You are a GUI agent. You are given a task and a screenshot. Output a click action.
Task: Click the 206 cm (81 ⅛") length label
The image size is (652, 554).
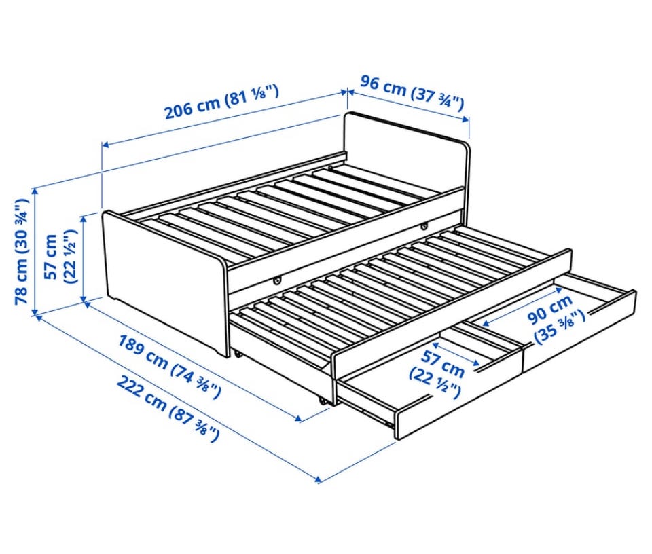coord(221,101)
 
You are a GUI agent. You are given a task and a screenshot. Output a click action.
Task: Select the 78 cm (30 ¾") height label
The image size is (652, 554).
coord(22,251)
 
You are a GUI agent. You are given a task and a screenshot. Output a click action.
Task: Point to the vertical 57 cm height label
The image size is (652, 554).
coord(60,257)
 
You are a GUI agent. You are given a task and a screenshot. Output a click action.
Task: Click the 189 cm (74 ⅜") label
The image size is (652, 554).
coord(170,366)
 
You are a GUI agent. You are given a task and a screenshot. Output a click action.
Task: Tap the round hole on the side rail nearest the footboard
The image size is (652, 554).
coord(276,281)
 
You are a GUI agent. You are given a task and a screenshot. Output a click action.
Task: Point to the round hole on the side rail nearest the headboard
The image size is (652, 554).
coord(424,227)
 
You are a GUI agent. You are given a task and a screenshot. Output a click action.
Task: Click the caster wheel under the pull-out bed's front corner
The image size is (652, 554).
coord(322,401)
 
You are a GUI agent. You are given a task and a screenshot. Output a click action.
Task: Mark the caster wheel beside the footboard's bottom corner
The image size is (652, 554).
coord(238,354)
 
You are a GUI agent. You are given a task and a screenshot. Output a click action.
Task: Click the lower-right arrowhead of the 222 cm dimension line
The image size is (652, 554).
coord(318,481)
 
